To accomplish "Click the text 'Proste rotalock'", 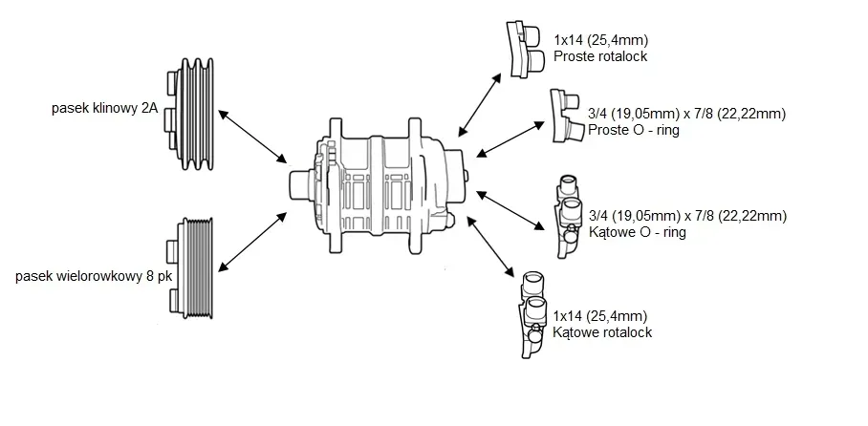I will (600, 56).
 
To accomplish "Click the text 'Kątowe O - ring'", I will (639, 231).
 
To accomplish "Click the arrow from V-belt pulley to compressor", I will (254, 136).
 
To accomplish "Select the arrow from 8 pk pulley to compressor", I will (254, 240).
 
